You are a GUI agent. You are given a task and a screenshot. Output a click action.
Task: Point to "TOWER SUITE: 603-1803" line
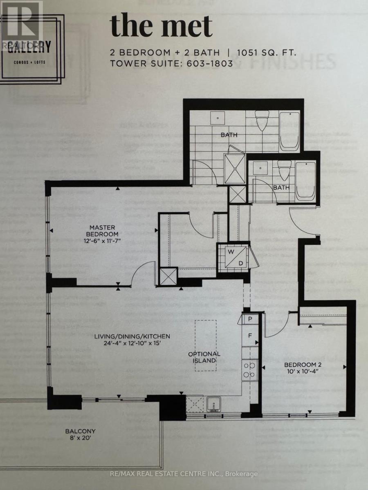(171, 63)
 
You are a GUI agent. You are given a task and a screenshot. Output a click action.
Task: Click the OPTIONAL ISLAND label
(204, 357)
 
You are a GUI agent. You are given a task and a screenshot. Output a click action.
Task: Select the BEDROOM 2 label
(301, 365)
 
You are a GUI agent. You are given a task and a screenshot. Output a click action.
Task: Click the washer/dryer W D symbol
(236, 257)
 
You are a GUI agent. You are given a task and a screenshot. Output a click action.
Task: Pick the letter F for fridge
(249, 336)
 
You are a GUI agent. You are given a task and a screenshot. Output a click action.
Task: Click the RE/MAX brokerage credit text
(184, 474)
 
